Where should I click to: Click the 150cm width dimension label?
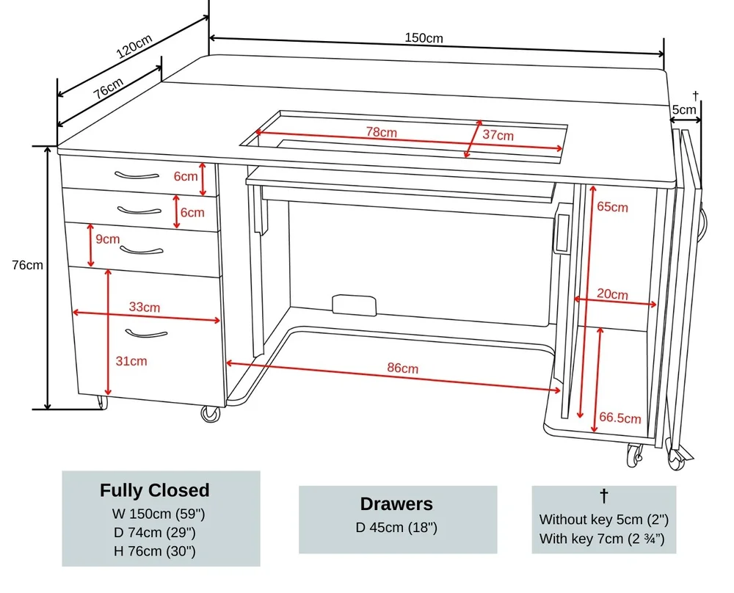[x=424, y=38]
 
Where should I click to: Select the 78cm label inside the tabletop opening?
[x=382, y=133]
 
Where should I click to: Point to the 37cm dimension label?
[x=498, y=135]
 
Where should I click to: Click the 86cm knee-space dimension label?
[x=403, y=368]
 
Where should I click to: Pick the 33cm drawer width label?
[x=144, y=307]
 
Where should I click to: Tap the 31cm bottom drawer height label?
[x=131, y=360]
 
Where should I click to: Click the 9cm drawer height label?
[x=107, y=239]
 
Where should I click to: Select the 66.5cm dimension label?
[x=620, y=418]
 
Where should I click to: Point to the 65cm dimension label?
[x=612, y=207]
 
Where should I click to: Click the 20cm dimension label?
[x=612, y=294]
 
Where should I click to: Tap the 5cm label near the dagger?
[x=684, y=110]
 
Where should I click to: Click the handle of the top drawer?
[x=137, y=175]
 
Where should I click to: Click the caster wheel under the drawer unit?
[x=211, y=414]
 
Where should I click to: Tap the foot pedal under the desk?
[x=354, y=305]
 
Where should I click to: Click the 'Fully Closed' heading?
[x=155, y=490]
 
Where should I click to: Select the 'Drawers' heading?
[x=396, y=504]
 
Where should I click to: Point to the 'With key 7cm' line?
[x=602, y=539]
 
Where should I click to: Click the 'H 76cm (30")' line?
[x=155, y=550]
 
